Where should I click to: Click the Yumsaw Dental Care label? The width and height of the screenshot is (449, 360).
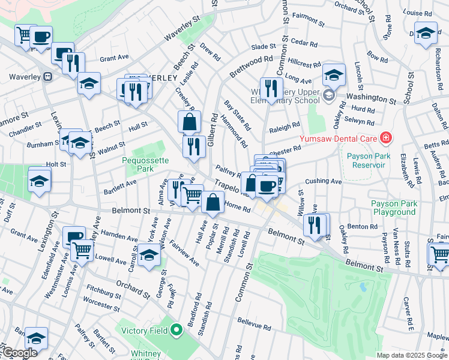coord(340,139)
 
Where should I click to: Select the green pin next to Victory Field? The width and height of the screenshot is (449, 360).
coord(176,330)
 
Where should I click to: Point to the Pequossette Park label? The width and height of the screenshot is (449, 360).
coord(146,165)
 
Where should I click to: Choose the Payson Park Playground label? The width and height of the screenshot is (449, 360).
coord(394,208)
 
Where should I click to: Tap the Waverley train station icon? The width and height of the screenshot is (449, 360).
coord(46,77)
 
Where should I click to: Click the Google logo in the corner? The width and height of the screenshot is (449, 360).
coord(19,353)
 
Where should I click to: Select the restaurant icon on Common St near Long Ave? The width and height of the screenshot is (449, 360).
coord(271,88)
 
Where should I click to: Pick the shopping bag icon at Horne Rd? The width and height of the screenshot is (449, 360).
coord(213,202)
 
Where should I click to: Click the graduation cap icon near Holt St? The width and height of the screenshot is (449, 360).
coord(40,180)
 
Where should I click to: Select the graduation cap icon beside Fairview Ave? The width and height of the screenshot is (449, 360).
coord(149,255)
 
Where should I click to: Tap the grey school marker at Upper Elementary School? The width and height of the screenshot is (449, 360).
coord(328,95)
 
